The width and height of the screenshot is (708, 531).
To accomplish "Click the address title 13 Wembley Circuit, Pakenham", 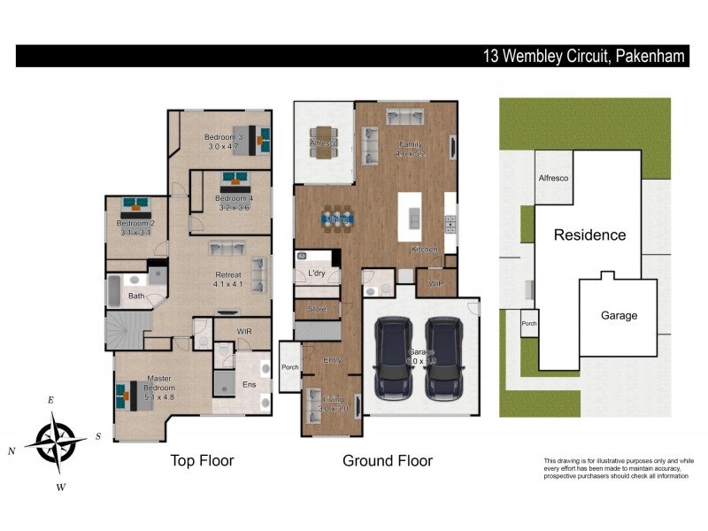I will [583, 56].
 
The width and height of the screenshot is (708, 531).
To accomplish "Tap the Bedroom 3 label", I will [224, 142].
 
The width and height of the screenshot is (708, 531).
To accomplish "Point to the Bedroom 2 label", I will [135, 228].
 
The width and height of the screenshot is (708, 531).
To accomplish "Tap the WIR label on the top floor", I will [246, 331].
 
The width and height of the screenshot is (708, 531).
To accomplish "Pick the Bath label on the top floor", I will [136, 296].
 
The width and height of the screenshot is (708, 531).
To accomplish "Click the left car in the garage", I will [393, 359].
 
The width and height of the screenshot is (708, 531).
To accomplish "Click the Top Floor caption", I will [201, 460].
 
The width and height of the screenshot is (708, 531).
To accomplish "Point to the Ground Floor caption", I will [388, 460].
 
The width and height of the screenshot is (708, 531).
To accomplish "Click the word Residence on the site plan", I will [589, 235].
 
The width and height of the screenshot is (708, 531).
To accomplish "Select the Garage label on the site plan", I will [619, 315].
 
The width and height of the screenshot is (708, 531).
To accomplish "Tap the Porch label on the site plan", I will [529, 322].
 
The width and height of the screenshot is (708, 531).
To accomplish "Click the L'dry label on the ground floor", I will [317, 273].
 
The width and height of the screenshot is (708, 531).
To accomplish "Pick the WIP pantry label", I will [435, 284].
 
